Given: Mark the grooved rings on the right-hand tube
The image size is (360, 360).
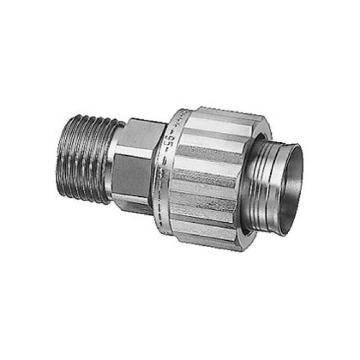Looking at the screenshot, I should pyautogui.click(x=262, y=174).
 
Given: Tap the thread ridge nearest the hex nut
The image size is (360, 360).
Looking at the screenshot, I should pyautogui.click(x=107, y=169).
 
